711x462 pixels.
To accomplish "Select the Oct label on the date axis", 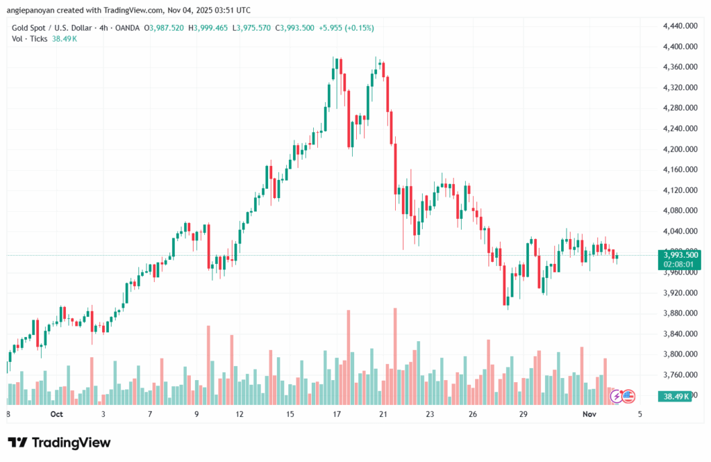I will (x=57, y=414).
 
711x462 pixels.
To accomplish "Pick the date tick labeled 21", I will (x=382, y=414).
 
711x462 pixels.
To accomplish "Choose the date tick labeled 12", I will (x=240, y=414).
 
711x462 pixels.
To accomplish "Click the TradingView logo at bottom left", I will (x=59, y=443).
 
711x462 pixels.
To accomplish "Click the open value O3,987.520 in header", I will (x=164, y=28).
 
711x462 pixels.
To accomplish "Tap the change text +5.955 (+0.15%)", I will (x=348, y=28).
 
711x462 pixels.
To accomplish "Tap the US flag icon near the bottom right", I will (x=628, y=396).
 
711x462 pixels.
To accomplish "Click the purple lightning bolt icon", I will (x=617, y=396).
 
